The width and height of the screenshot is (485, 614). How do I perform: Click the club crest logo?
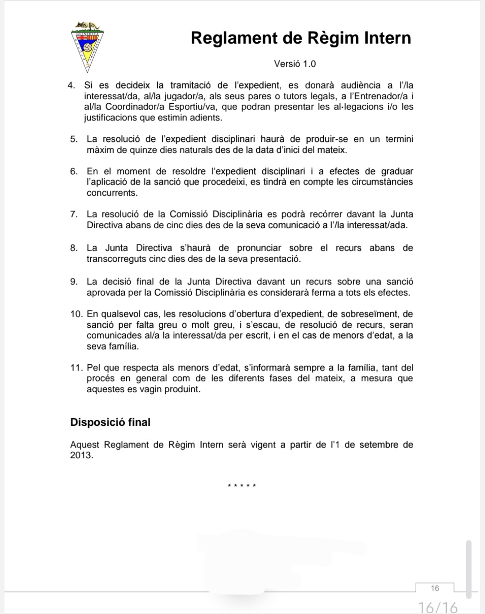87,46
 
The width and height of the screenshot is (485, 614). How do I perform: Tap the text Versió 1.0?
295,64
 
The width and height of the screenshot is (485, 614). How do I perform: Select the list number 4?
71,85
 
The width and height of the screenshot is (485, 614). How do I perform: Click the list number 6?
74,171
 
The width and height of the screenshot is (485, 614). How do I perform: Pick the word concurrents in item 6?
112,193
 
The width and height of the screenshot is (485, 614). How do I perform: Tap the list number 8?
74,248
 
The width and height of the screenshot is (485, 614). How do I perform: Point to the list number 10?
76,314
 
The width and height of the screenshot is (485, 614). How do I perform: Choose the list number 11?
76,368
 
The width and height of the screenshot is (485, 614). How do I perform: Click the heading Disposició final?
110,422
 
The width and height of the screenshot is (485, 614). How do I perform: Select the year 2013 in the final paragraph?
81,455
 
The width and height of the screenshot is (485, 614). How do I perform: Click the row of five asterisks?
242,486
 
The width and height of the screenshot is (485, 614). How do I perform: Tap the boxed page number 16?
435,588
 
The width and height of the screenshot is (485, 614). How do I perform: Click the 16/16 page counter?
437,607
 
